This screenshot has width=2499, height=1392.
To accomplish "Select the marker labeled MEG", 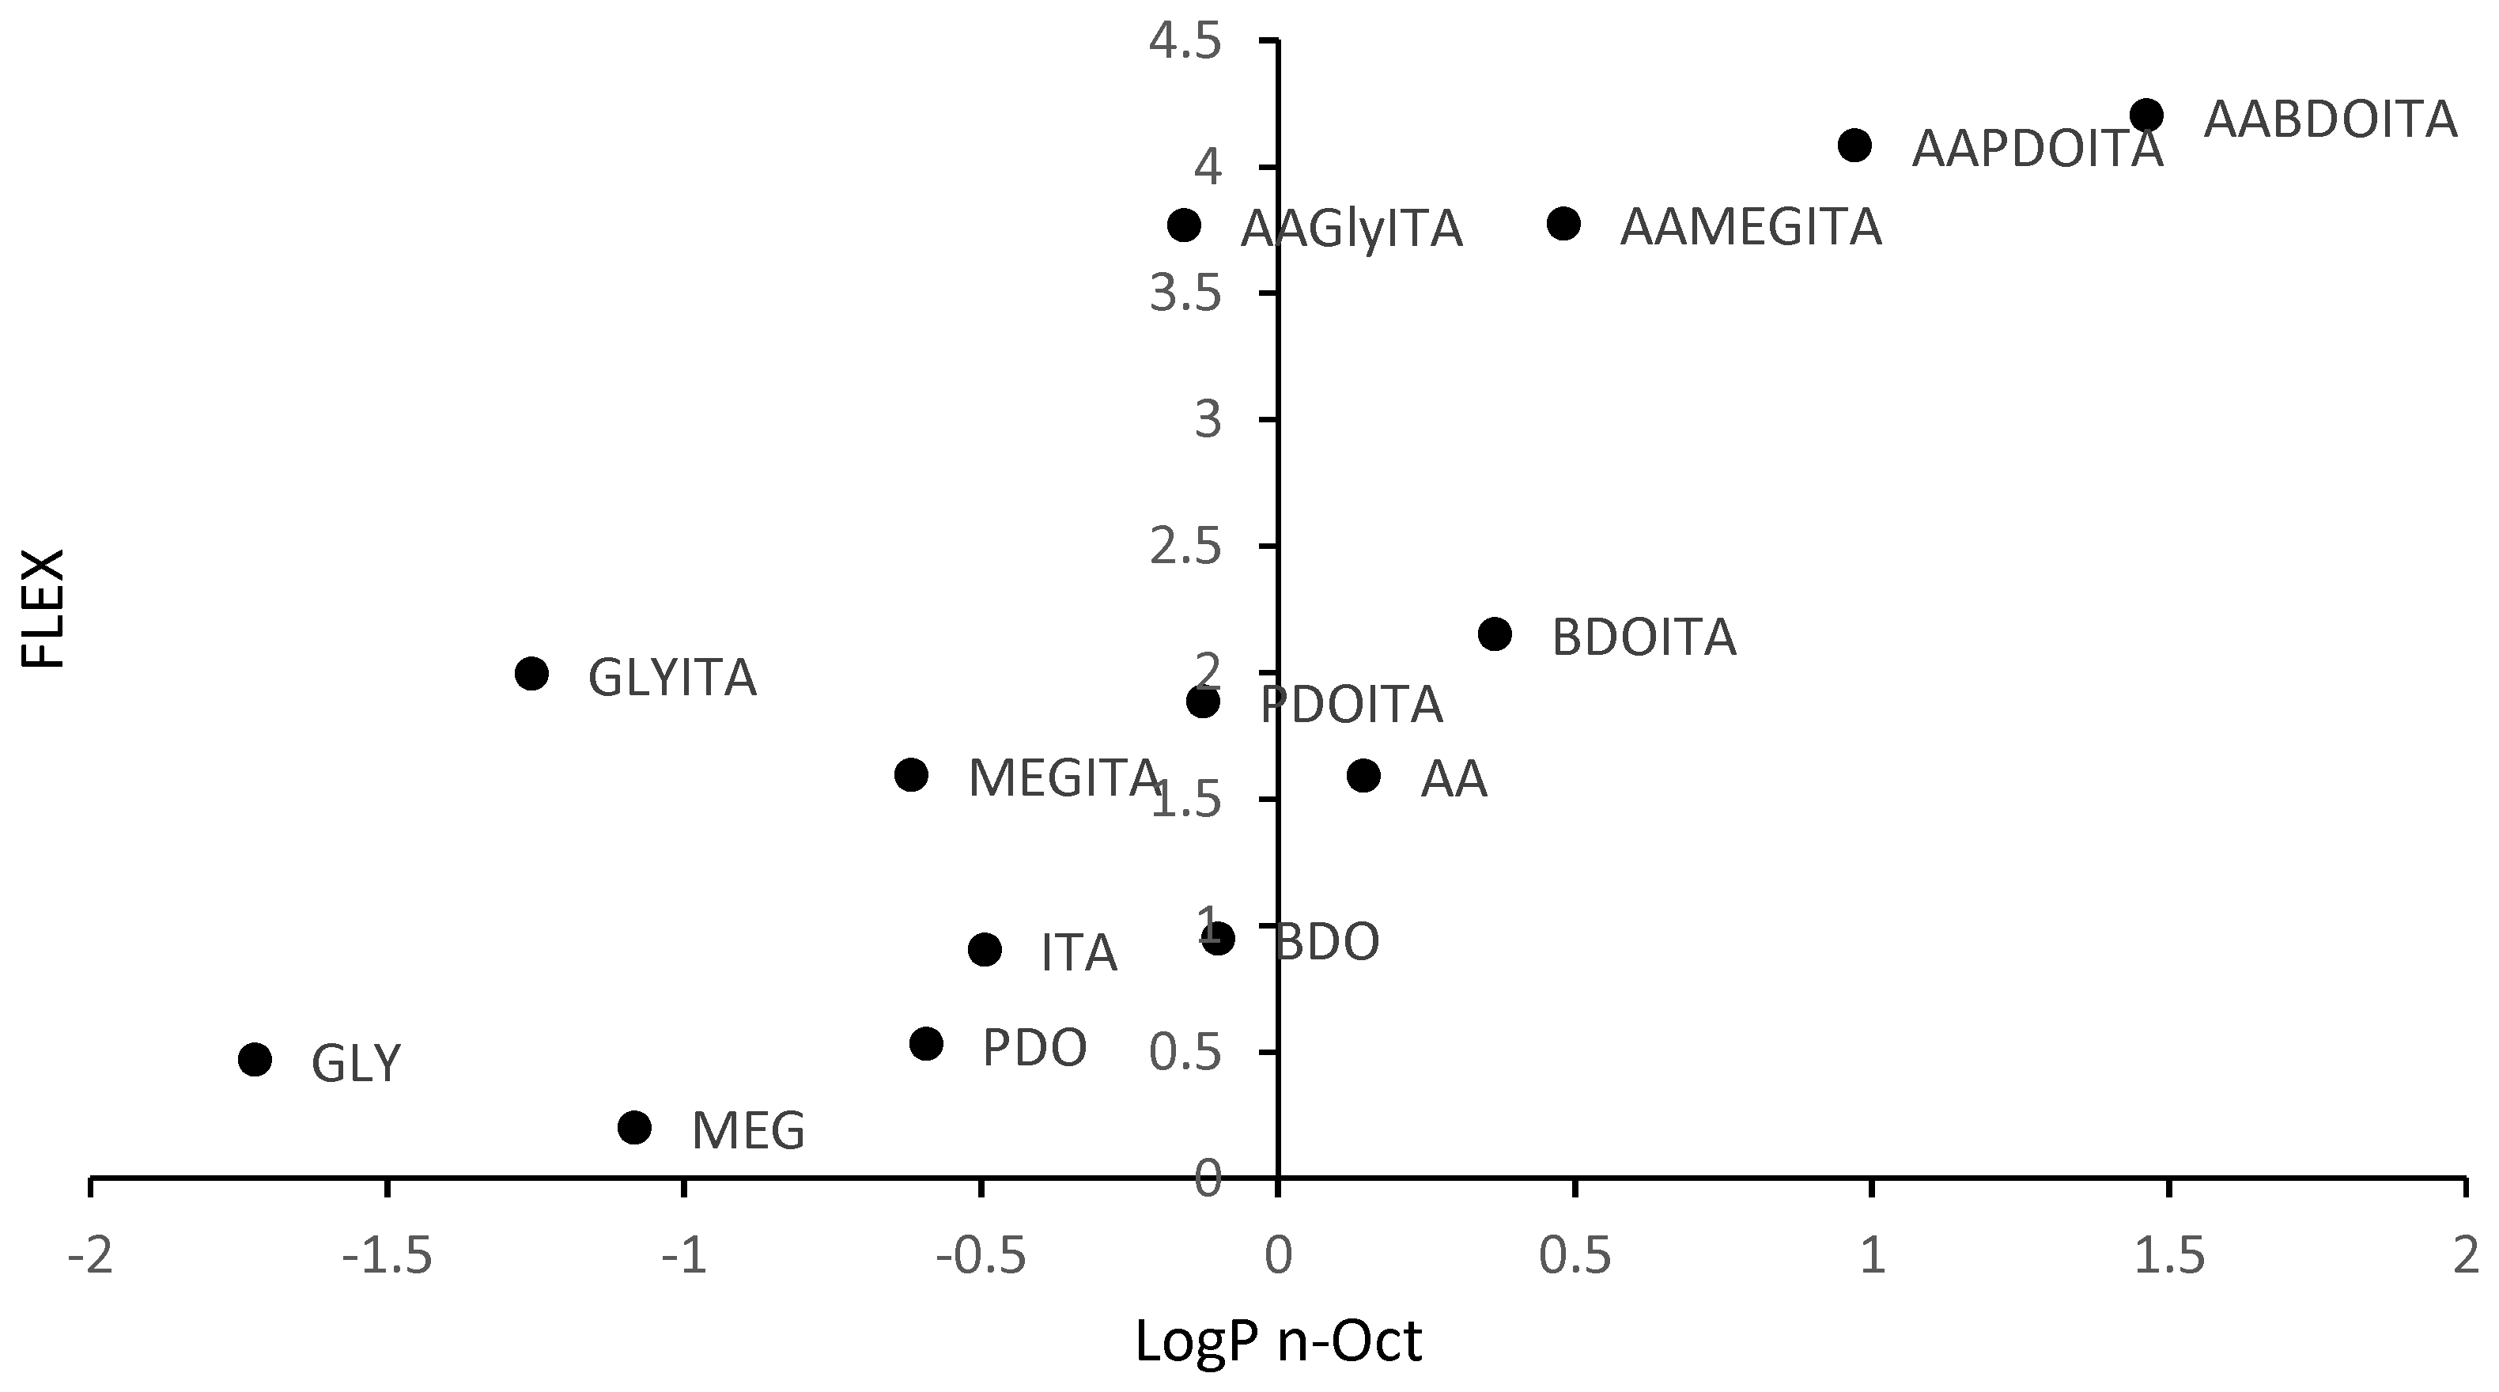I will coord(634,1127).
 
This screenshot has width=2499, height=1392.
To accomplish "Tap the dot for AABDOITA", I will coord(2147,115).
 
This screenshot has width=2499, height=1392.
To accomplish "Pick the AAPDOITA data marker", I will coord(1854,146).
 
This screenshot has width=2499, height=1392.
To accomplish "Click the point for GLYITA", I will coord(531,673).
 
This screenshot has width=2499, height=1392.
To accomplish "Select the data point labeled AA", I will coord(1364,775).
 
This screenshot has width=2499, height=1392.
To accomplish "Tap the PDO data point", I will coord(927,1044).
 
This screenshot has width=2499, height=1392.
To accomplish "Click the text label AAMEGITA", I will coord(1751,228).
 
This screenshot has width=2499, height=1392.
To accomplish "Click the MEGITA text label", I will coord(1063,778).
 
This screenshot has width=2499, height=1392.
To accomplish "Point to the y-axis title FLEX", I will coord(43,608).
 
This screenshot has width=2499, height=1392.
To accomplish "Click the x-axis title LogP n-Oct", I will coord(1279,1341).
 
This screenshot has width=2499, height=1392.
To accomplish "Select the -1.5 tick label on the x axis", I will coord(386,1256).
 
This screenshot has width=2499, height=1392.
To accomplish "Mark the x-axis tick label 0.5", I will coord(1575,1256).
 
